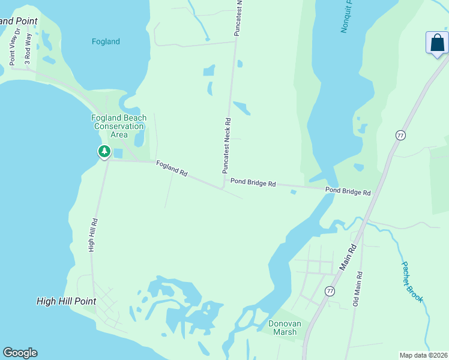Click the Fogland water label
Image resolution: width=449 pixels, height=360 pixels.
coord(106,41)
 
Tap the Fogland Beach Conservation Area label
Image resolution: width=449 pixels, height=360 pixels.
coord(119,126)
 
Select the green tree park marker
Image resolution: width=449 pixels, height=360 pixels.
coord(104,151)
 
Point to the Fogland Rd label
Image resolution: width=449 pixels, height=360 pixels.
coord(172,167)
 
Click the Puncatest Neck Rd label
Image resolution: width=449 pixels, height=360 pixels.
coord(228,145)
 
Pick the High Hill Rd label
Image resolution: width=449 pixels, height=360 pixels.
coord(94,235)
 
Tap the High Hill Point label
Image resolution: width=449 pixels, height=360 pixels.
coord(66,301)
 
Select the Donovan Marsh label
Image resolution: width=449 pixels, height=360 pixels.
coord(284,327)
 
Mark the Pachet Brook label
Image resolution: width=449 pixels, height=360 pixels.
coord(413,281)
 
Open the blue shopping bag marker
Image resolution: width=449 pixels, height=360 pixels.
coord(437,43)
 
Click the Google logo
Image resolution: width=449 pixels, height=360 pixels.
coord(20,353)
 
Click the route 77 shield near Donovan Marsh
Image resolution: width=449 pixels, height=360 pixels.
coord(330,291)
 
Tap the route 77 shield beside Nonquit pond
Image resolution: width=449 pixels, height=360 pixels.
coord(400,135)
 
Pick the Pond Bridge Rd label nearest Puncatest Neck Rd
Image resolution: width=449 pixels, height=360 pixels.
coord(253,182)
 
